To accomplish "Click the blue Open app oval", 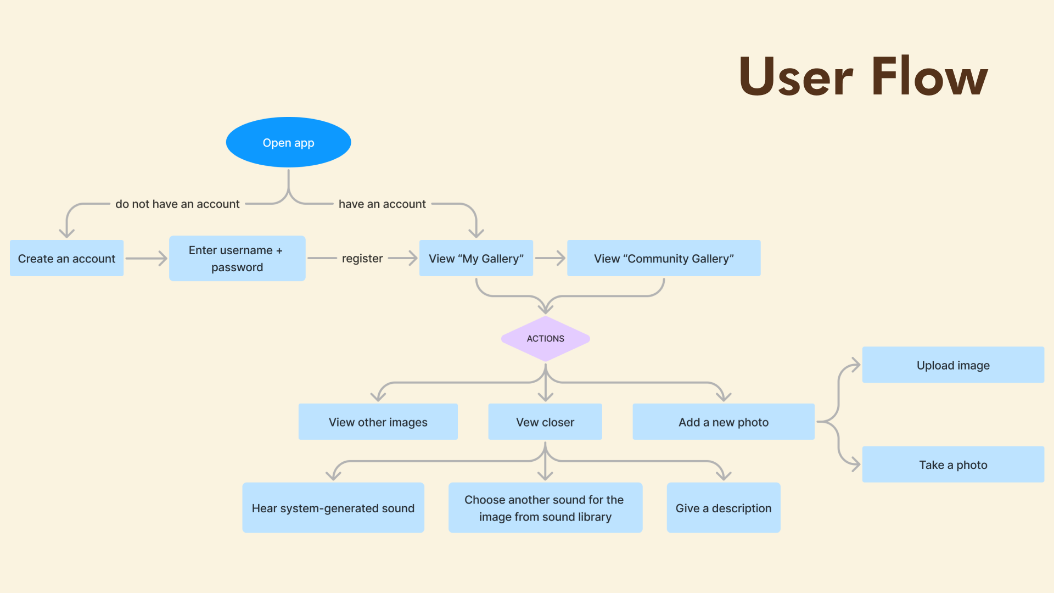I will click(288, 142).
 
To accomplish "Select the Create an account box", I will click(66, 258).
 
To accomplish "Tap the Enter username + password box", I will click(237, 259).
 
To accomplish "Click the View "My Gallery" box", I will click(476, 258).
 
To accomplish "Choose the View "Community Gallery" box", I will click(664, 258).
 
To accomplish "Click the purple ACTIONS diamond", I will click(545, 339).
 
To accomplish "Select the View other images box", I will click(378, 422).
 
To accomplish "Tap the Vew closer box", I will click(545, 422).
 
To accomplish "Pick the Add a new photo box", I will click(723, 422).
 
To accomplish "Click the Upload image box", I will click(953, 365).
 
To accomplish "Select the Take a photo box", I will click(953, 465).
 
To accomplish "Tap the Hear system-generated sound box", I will click(333, 508).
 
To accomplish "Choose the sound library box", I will click(545, 508).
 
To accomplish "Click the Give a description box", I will click(723, 508).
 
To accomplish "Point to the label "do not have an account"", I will click(177, 204).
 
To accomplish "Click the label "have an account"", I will click(382, 204).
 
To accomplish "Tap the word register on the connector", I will click(362, 258).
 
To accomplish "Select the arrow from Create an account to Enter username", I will click(146, 258).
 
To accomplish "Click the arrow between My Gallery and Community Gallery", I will click(550, 258).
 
